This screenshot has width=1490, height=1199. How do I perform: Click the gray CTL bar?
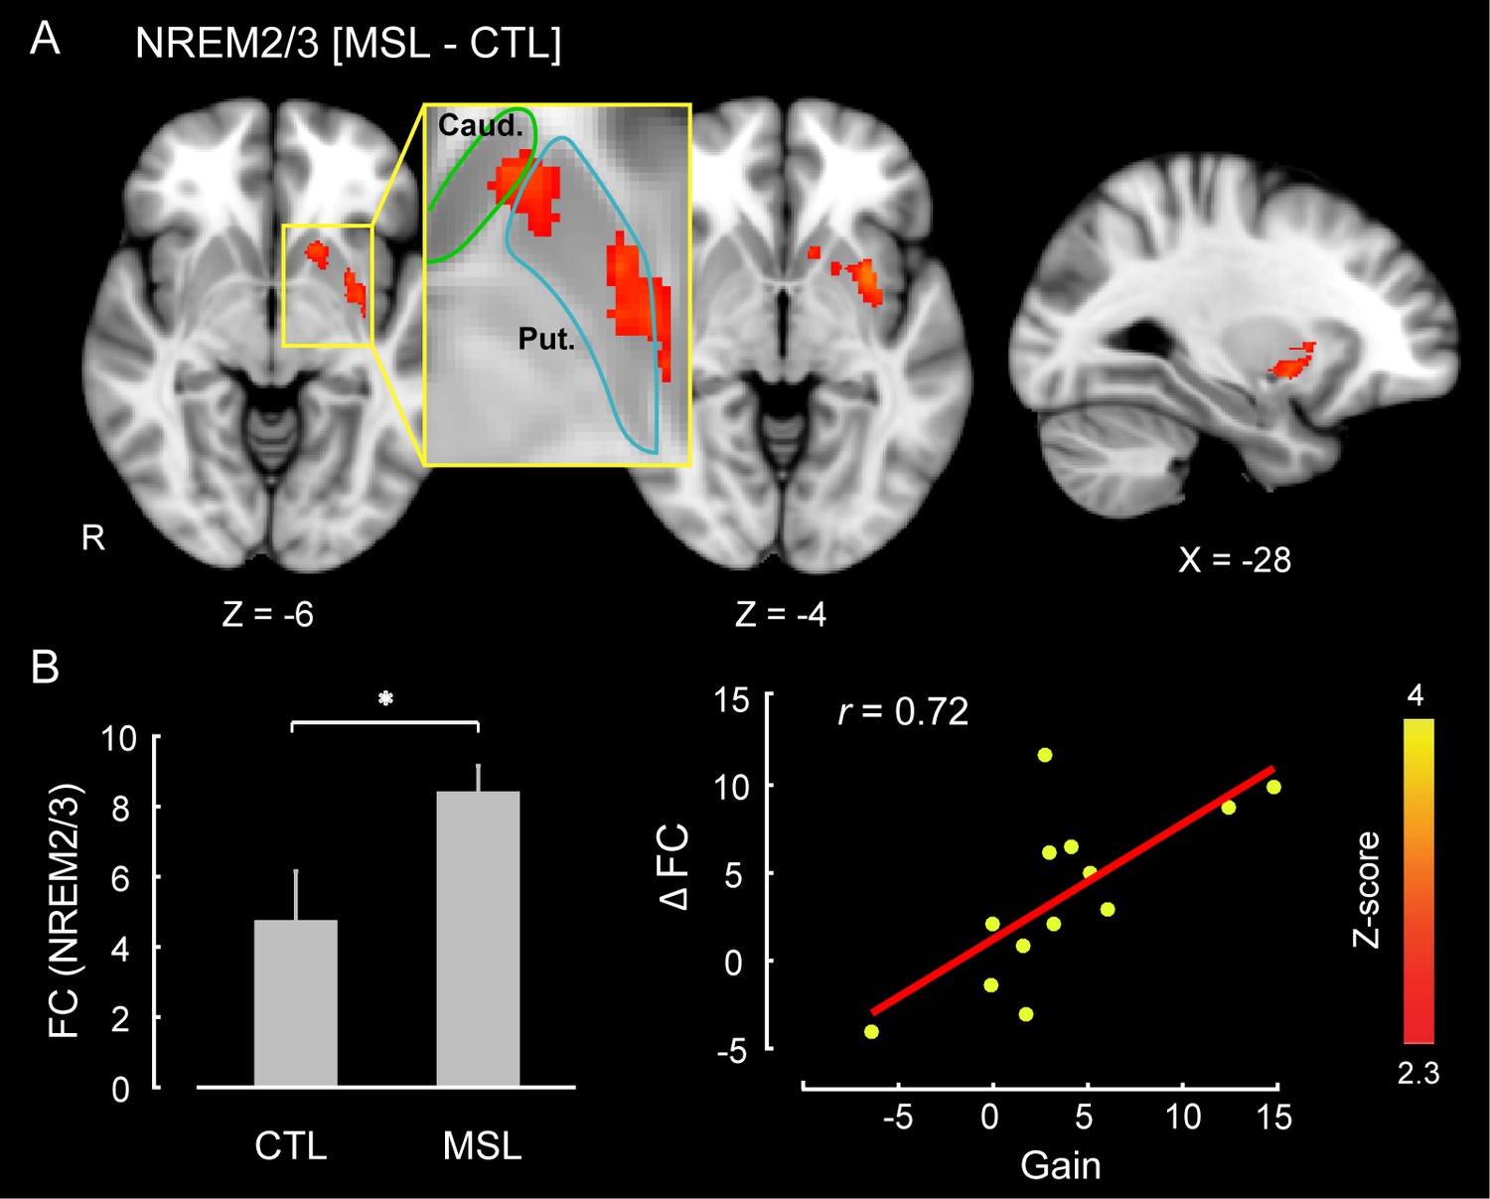click(296, 1003)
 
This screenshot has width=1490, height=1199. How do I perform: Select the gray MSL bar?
click(478, 939)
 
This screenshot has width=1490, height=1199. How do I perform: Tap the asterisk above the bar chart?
click(385, 699)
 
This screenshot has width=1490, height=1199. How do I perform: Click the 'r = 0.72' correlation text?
click(903, 711)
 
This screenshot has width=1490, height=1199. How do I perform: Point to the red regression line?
click(1073, 890)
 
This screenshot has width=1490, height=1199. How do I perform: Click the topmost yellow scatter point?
click(1045, 755)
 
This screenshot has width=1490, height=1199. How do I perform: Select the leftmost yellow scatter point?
click(871, 1031)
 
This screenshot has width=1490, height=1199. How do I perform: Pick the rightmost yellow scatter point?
click(1273, 787)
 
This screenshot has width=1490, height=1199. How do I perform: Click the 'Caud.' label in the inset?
click(480, 125)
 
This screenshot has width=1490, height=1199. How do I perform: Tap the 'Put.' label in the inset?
click(546, 340)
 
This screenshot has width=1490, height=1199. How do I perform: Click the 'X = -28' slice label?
click(1235, 560)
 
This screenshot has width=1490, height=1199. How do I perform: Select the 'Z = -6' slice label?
click(268, 615)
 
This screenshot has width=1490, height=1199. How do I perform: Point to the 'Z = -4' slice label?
click(781, 615)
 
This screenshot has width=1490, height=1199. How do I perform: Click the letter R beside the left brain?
click(93, 538)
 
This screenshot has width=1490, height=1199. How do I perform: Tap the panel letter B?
click(46, 668)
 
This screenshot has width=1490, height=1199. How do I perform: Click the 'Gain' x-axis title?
click(1061, 1164)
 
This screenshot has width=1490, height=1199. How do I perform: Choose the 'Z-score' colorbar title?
click(1367, 889)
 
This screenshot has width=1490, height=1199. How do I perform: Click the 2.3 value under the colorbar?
click(1418, 1073)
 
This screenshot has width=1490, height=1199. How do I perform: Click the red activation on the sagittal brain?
click(1289, 364)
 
